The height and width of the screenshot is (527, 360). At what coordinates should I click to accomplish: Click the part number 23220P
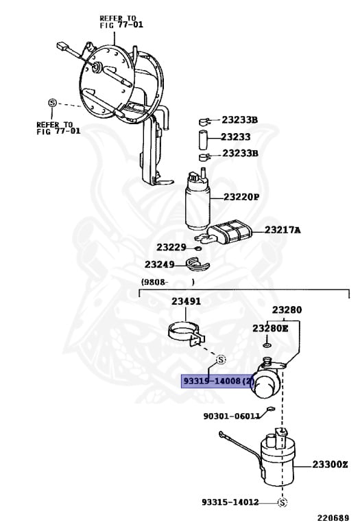tap(241, 197)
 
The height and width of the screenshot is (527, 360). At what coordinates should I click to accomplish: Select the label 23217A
tap(283, 230)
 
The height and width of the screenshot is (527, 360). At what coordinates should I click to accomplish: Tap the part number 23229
tap(171, 247)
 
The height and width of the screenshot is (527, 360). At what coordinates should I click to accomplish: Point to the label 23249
tap(159, 264)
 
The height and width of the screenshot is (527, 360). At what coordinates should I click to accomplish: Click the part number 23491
tap(186, 301)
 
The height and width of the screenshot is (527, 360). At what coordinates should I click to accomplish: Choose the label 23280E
tap(270, 329)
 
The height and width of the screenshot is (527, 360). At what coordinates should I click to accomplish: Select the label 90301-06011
tap(231, 415)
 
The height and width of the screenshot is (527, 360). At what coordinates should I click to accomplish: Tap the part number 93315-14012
tap(230, 502)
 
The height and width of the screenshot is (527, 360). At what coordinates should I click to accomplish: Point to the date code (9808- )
tap(168, 281)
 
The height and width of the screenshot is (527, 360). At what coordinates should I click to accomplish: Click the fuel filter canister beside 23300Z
tap(282, 457)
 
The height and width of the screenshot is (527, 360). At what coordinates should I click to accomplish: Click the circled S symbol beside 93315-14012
tap(282, 502)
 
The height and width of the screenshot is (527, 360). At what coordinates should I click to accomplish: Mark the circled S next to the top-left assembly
tap(52, 104)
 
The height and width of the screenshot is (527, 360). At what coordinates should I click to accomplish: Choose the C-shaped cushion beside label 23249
tap(200, 263)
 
